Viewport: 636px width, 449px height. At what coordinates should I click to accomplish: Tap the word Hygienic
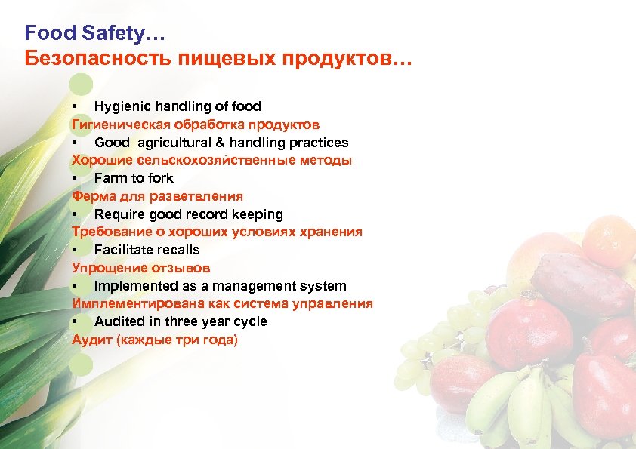pos(124,106)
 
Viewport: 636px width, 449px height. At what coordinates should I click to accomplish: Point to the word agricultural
pos(174,143)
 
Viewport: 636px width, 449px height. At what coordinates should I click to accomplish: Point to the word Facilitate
pos(123,250)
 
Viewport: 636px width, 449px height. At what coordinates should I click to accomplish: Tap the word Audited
pos(117,321)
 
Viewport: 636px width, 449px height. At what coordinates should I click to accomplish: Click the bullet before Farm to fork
pos(76,179)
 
